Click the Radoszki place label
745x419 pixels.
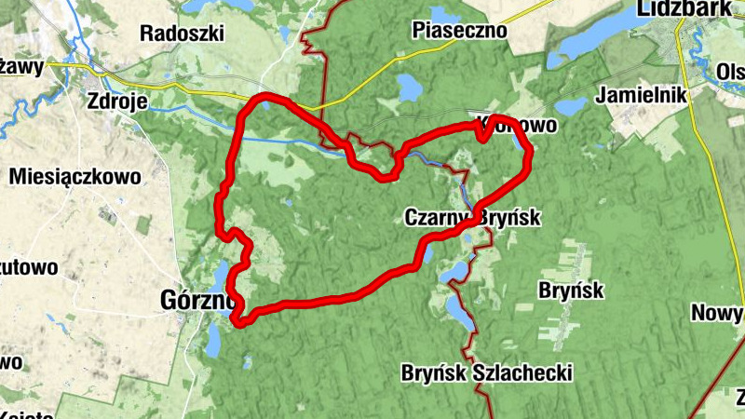point(183,33)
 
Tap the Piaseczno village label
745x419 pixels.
point(459,31)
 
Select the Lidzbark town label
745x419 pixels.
point(683,8)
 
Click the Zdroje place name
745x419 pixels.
point(116,101)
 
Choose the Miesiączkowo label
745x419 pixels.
point(74,176)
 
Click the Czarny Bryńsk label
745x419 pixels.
point(471,218)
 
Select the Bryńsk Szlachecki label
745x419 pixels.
point(485,373)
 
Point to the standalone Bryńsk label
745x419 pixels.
point(571,291)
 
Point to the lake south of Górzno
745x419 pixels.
point(212,343)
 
